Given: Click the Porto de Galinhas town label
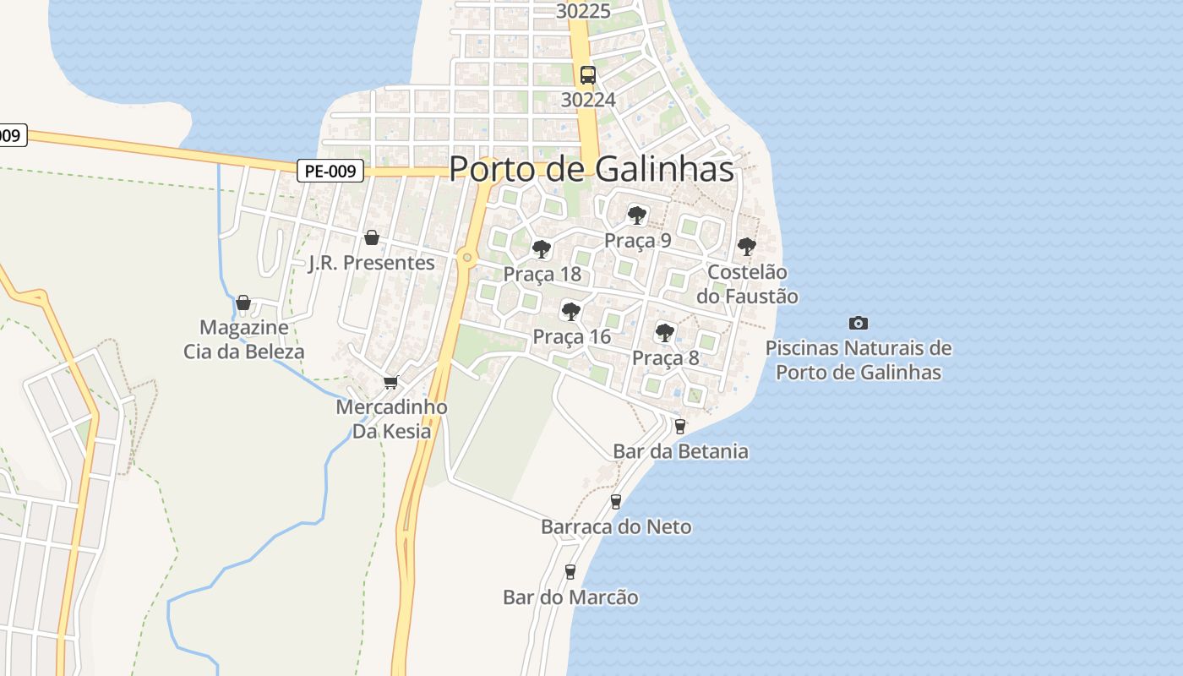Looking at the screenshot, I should click(591, 169).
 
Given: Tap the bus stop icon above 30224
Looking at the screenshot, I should click(587, 75).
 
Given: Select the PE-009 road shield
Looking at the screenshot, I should click(330, 172).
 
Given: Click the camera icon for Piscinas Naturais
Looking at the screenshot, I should click(859, 323).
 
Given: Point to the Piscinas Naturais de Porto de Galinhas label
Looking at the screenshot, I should click(859, 360).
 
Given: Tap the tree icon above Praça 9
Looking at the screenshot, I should click(637, 215).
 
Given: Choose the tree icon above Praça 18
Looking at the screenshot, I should click(542, 249).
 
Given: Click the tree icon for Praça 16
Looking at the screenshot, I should click(571, 312).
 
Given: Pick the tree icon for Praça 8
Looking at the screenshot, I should click(665, 333).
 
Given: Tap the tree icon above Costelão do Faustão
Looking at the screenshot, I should click(746, 247).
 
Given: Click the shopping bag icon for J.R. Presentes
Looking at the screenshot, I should click(371, 237).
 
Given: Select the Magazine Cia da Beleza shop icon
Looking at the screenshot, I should click(243, 303).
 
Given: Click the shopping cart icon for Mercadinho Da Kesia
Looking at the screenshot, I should click(390, 383).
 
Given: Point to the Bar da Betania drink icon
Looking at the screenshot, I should click(680, 427).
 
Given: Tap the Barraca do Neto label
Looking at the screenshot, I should click(616, 527).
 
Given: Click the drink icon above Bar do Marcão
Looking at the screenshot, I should click(570, 572).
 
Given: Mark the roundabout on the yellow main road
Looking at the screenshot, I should click(466, 258).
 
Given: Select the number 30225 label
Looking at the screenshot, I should click(584, 11).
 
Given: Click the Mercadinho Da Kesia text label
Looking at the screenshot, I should click(391, 419).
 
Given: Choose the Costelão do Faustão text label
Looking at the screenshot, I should click(747, 284).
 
